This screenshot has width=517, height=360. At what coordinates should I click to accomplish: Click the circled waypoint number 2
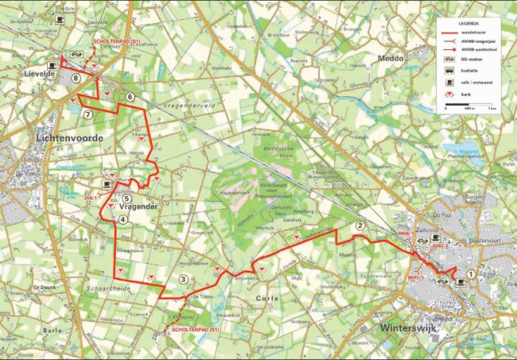click(x=360, y=226)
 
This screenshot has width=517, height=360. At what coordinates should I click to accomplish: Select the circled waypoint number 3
click(x=184, y=279)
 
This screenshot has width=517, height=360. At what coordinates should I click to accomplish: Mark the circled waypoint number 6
click(x=130, y=98)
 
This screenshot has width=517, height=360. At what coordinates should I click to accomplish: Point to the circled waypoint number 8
click(x=76, y=78)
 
